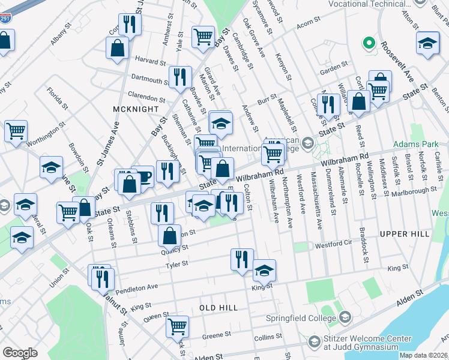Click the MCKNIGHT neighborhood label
131,109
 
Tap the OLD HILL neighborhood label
218,308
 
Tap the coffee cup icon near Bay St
143,176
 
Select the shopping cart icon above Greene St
178,326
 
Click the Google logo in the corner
20,352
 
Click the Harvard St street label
150,62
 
